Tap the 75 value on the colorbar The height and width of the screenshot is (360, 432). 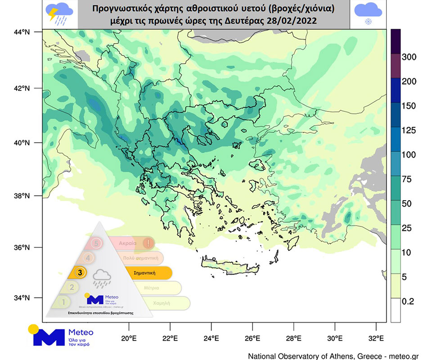click(x=408, y=179)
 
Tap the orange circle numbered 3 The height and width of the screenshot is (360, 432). click(x=80, y=272)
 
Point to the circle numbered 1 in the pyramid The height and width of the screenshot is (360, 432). click(x=64, y=302)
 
